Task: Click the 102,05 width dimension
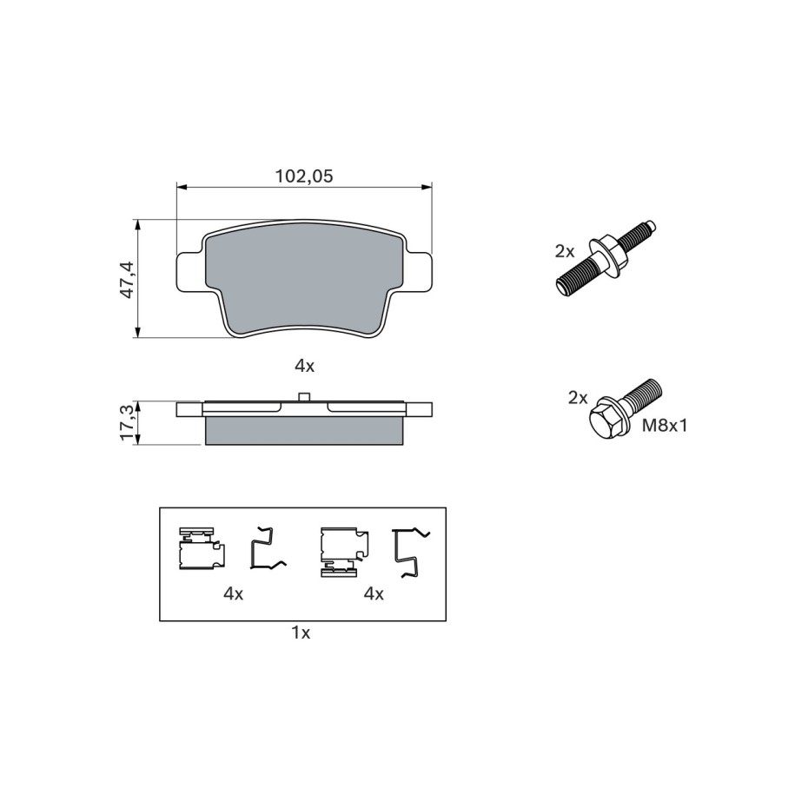[x=304, y=176]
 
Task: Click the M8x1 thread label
[x=665, y=426]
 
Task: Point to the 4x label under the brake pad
[x=305, y=366]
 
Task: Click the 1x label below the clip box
[x=301, y=633]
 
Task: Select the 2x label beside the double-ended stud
[x=564, y=251]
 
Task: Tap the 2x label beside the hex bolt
[x=578, y=398]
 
